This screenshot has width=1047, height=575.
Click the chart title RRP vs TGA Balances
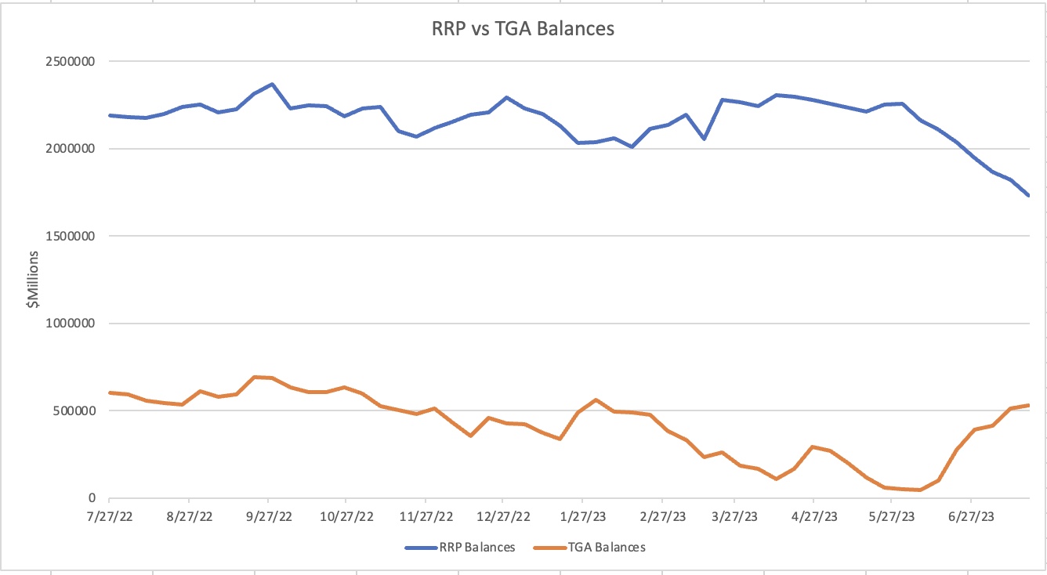[523, 30]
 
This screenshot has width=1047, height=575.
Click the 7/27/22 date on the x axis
[110, 517]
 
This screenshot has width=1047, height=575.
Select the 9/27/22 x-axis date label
[268, 517]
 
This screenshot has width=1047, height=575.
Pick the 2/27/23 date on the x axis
[661, 517]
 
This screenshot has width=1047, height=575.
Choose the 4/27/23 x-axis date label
[813, 517]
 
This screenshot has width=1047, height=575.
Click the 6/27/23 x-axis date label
[971, 517]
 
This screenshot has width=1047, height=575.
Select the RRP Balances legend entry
[460, 548]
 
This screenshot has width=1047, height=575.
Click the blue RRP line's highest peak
[272, 84]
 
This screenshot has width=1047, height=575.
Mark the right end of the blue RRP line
[1028, 196]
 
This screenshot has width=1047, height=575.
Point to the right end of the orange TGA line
[1028, 405]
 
